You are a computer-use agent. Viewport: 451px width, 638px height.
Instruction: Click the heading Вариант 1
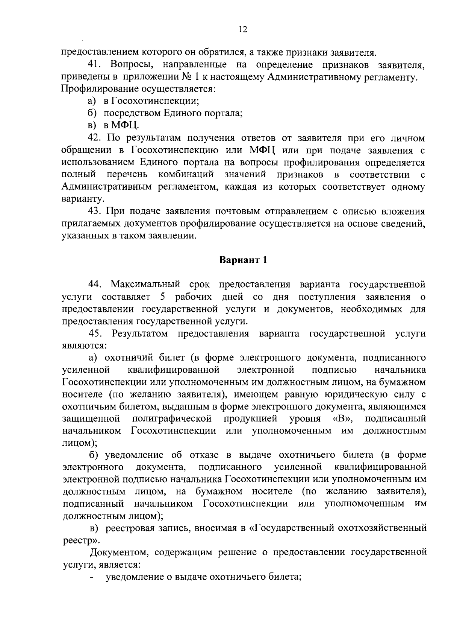243,260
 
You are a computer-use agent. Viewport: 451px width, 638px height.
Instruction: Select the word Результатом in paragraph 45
140,333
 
